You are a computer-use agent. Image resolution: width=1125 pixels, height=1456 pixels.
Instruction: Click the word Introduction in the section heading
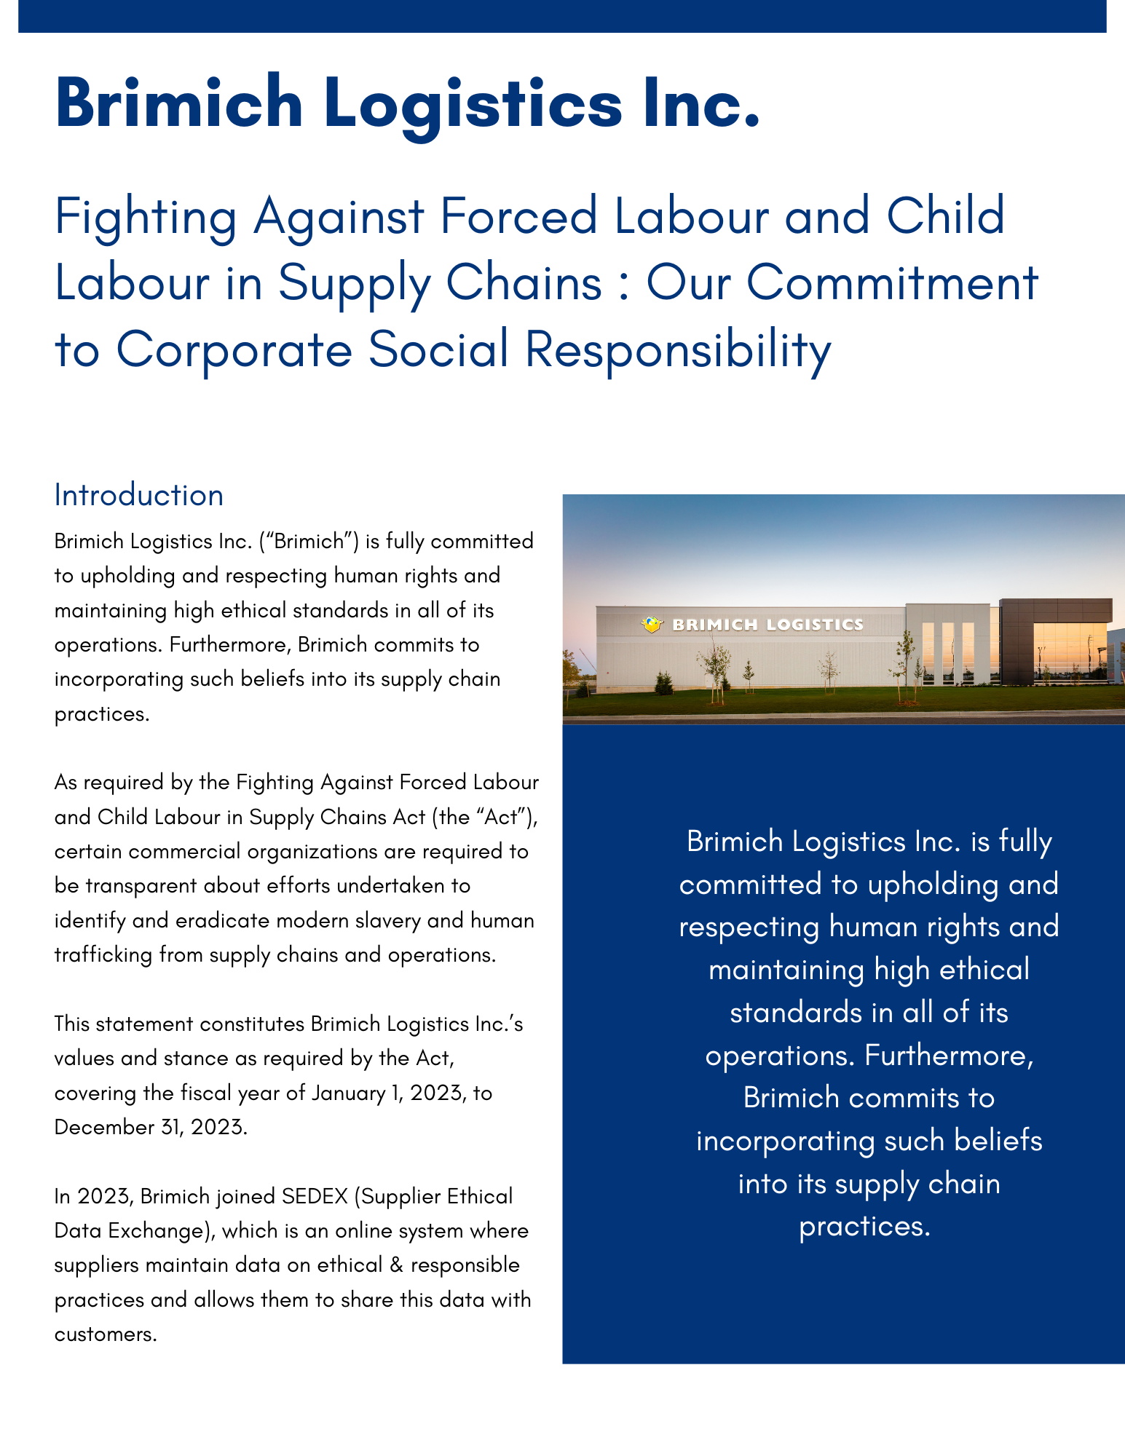pyautogui.click(x=138, y=496)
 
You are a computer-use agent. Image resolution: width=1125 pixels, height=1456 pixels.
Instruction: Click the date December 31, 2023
pyautogui.click(x=151, y=1128)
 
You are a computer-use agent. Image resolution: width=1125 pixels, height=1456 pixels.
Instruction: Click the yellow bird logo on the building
pyautogui.click(x=652, y=624)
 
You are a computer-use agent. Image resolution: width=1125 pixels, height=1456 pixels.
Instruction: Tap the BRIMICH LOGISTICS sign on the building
pyautogui.click(x=767, y=625)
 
